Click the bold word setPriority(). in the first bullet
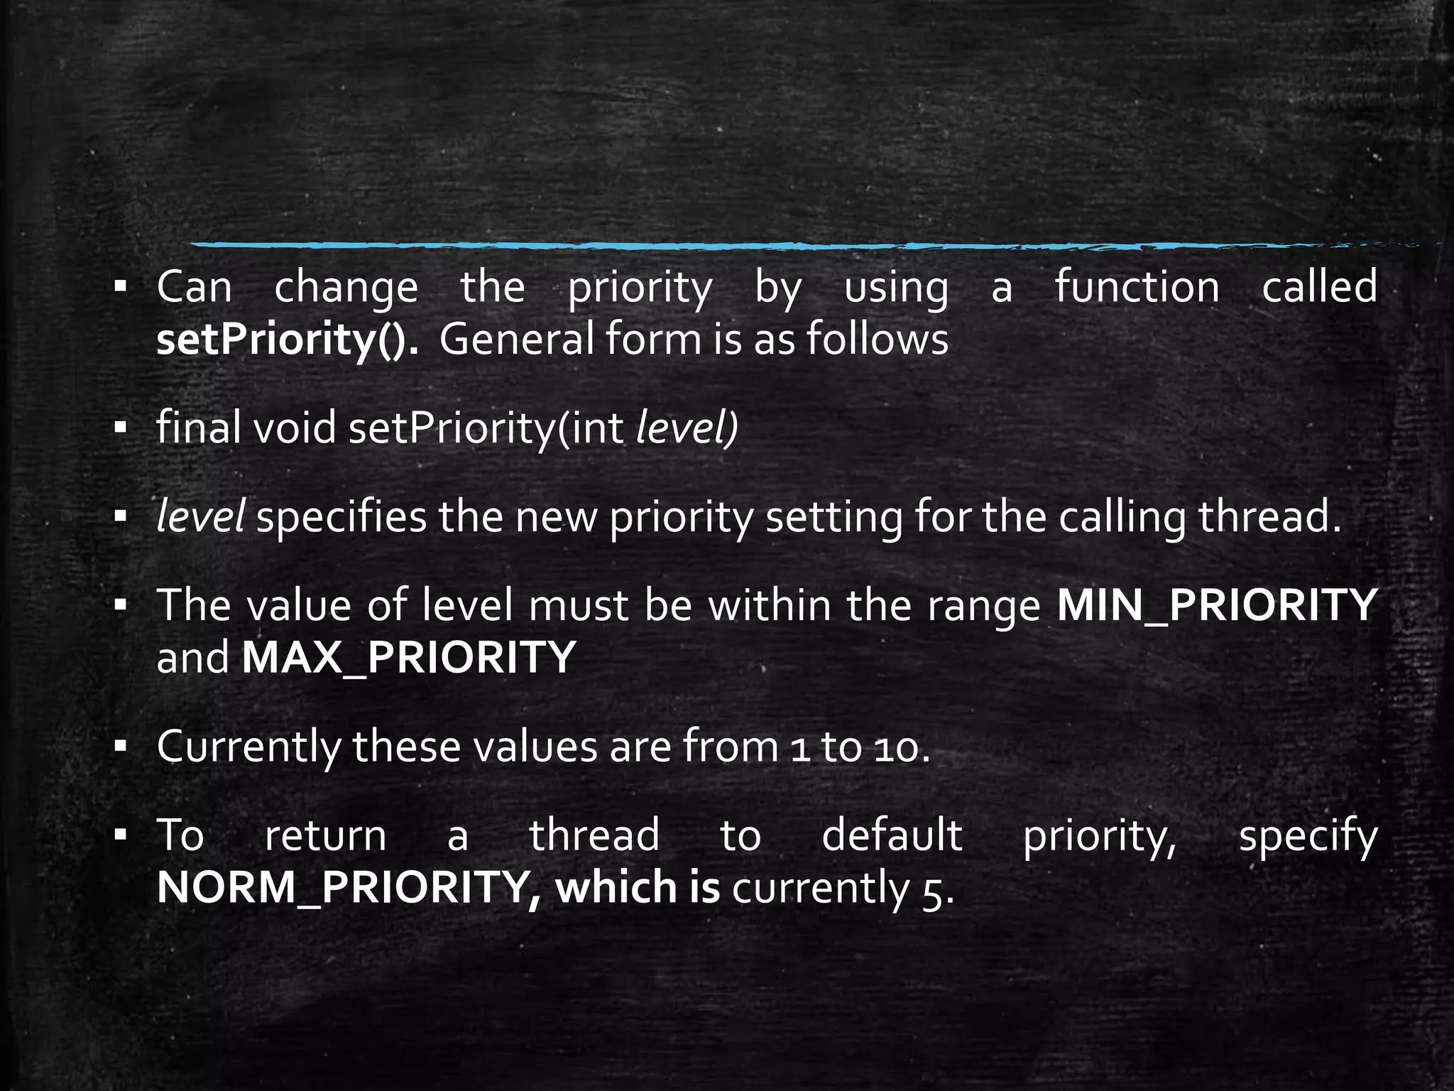(288, 340)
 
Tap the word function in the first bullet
(1137, 287)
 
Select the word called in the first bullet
(1319, 287)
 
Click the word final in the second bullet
(198, 428)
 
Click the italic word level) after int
(687, 428)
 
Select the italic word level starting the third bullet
(201, 516)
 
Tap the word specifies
(341, 516)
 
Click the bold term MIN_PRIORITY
(1217, 605)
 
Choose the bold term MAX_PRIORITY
(408, 658)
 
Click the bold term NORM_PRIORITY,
(349, 888)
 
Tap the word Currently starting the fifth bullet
(249, 747)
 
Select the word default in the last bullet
(892, 835)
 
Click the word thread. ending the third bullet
(1271, 516)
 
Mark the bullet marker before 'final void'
(120, 428)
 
